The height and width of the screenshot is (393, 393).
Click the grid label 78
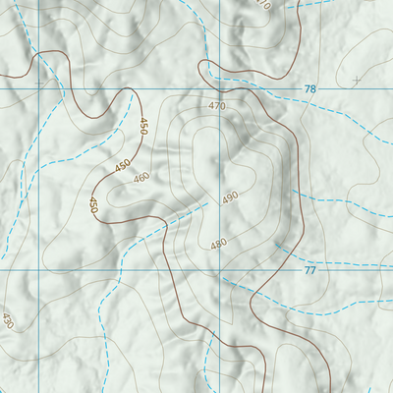(x=310, y=89)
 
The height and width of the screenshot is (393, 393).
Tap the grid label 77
(x=310, y=270)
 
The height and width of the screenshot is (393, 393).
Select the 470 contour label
(x=217, y=106)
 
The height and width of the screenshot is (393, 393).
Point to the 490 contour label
(x=230, y=197)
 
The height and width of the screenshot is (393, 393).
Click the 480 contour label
(x=218, y=244)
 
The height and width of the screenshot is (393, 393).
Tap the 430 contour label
(x=8, y=321)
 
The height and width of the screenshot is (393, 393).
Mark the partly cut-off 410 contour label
(x=262, y=4)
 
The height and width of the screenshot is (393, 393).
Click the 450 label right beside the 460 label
(x=122, y=166)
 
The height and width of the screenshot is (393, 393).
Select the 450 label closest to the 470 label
(x=143, y=126)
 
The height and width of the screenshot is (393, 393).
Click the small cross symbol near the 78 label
(x=357, y=79)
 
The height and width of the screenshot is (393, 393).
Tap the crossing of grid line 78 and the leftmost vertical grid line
(x=38, y=89)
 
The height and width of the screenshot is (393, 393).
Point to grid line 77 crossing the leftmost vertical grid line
(x=38, y=269)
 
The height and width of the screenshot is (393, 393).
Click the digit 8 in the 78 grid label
(x=313, y=89)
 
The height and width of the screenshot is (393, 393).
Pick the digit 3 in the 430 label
(x=8, y=321)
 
